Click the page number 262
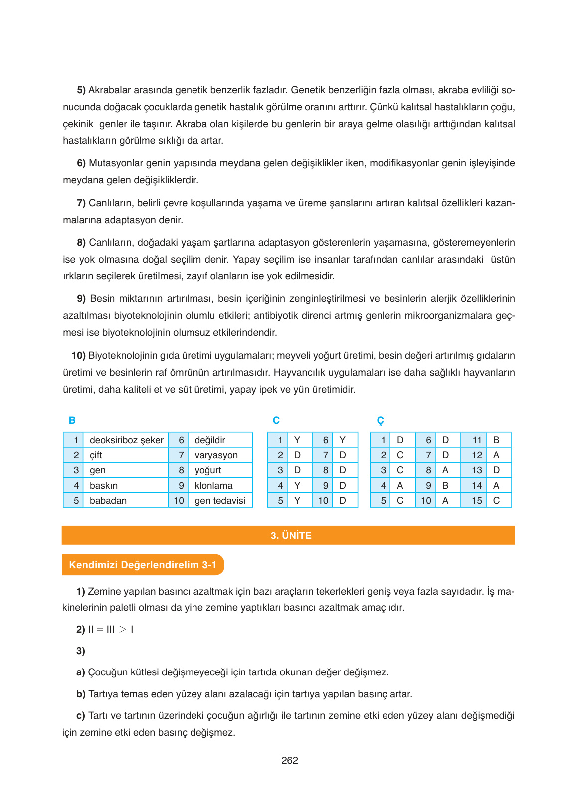(x=289, y=760)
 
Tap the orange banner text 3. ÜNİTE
(x=291, y=536)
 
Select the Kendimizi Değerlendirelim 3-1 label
(x=143, y=565)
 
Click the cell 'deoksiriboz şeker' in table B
(x=126, y=440)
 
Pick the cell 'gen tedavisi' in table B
(x=220, y=501)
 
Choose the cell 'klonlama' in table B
(x=213, y=486)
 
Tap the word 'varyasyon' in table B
(x=216, y=455)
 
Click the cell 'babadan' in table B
(x=108, y=501)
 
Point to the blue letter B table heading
(x=72, y=420)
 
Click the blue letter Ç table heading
(x=380, y=421)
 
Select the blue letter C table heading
(x=276, y=420)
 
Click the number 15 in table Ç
(x=477, y=501)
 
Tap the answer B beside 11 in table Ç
(x=496, y=440)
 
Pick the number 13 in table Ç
(x=477, y=470)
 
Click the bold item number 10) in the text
(x=78, y=356)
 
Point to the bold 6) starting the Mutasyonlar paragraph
(x=81, y=163)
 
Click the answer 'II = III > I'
(x=111, y=629)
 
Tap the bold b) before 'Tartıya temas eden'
(x=81, y=694)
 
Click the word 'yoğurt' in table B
(x=207, y=470)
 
